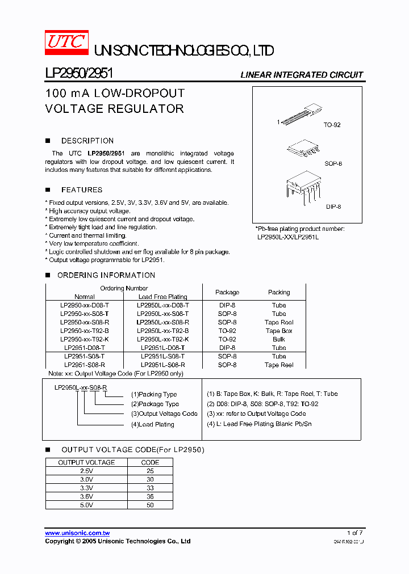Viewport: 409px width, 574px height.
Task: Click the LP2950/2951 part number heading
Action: coord(79,74)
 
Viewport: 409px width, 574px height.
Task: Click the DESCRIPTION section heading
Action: coord(87,141)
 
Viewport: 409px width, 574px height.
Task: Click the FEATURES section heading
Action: coord(82,190)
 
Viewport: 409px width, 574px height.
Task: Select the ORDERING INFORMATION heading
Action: coord(106,275)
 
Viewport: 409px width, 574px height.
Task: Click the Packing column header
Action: coord(279,293)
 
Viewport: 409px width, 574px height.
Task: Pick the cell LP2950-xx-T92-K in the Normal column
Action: coord(85,339)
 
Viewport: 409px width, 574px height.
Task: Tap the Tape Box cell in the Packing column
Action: coord(279,331)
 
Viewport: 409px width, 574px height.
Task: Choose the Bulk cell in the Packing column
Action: coord(279,339)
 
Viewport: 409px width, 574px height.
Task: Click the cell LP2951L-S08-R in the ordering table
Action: coord(162,365)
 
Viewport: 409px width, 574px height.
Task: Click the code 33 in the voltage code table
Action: coord(150,488)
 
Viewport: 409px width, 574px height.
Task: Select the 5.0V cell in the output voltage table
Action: coord(86,505)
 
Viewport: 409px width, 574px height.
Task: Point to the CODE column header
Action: coord(150,462)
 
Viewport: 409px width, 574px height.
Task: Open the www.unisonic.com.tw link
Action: coord(77,533)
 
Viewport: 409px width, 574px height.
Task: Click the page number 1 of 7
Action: coord(354,533)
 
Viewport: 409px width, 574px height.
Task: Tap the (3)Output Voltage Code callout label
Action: coord(164,414)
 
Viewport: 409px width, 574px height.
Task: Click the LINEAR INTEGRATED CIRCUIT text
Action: coord(302,75)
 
